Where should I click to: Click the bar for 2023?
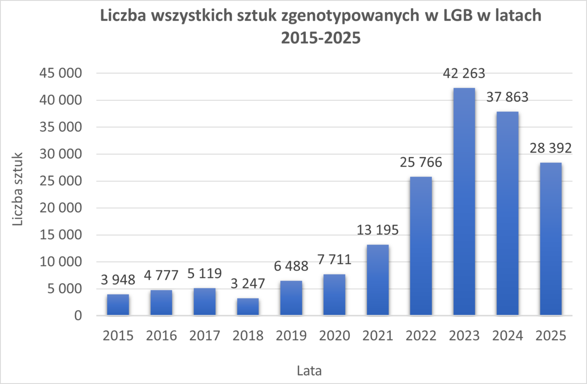tap(464, 202)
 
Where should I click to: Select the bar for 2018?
tap(248, 307)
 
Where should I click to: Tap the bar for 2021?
tap(378, 280)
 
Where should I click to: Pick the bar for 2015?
tap(118, 305)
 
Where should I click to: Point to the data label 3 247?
tap(248, 283)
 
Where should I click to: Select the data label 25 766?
tap(421, 162)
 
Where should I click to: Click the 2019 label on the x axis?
tap(291, 336)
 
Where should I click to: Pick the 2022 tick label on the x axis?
tap(421, 336)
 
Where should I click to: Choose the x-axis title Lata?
tap(309, 370)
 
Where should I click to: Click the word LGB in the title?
tap(453, 16)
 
